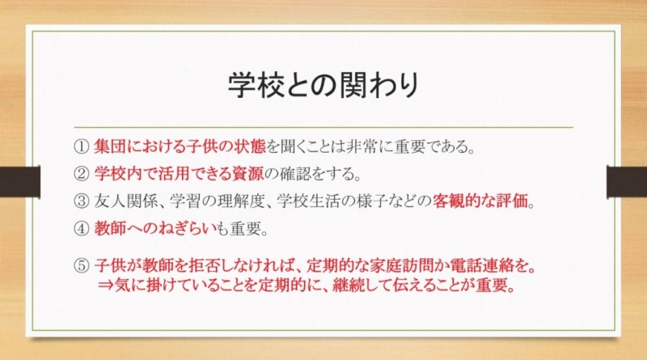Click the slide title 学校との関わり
(323, 85)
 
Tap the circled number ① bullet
(82, 146)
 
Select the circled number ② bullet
(82, 174)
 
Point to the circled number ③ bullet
(82, 201)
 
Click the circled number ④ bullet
(82, 229)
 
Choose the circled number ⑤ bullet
(82, 266)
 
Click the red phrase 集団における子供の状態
(180, 146)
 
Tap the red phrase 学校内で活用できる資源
(179, 174)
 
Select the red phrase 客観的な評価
(480, 201)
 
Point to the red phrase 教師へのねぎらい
(155, 228)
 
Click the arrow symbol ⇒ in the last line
(106, 286)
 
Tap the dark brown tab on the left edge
(19, 182)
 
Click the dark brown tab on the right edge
(627, 182)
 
